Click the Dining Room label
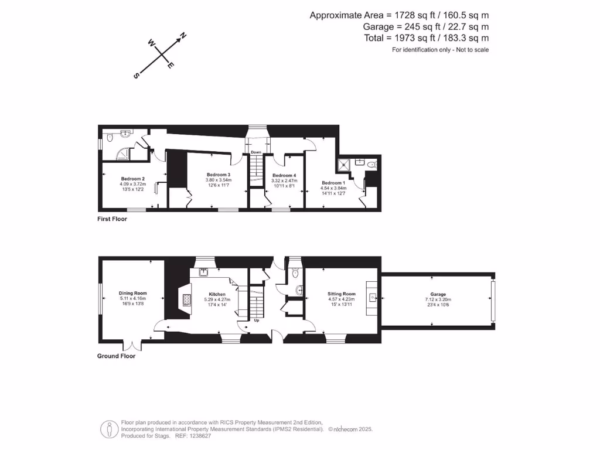(x=132, y=293)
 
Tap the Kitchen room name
(x=217, y=295)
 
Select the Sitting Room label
(x=341, y=294)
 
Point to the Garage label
(x=438, y=294)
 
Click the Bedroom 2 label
(x=133, y=179)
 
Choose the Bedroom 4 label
(x=284, y=176)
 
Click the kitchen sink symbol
(x=203, y=271)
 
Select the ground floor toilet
(x=295, y=272)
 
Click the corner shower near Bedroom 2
(x=122, y=154)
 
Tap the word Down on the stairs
(x=256, y=152)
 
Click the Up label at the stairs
(x=256, y=321)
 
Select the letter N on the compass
(x=183, y=36)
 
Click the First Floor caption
(x=112, y=219)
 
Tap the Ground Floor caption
(x=116, y=356)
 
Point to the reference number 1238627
(x=199, y=435)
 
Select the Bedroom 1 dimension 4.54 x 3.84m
(x=333, y=188)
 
